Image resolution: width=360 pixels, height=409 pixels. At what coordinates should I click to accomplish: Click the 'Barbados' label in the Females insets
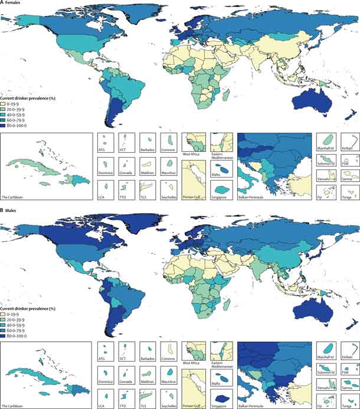point(147,150)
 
